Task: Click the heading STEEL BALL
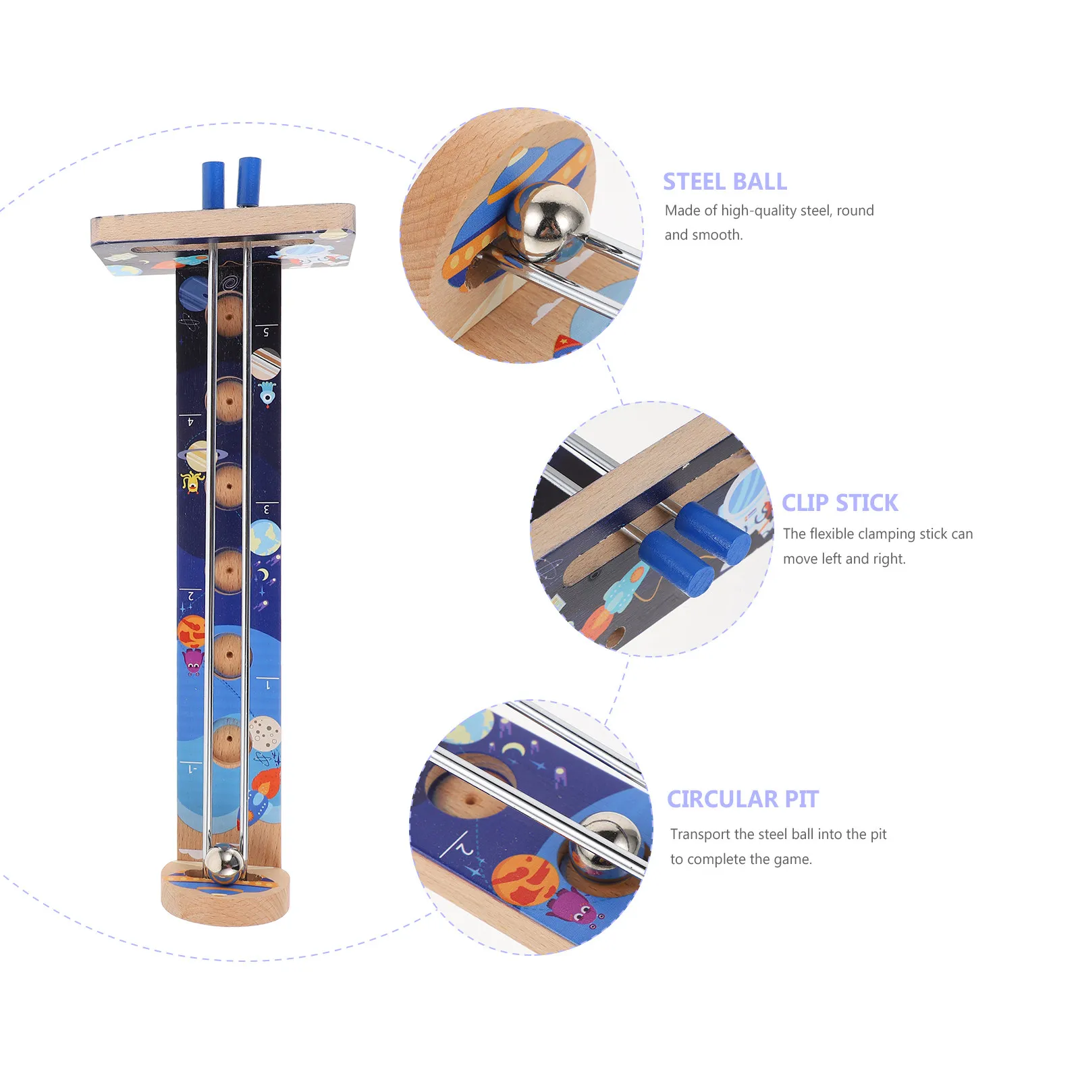(724, 182)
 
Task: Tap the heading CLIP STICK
(840, 503)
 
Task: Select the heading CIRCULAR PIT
(742, 799)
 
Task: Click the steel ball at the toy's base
(223, 865)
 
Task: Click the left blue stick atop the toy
(213, 184)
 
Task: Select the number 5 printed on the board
(266, 332)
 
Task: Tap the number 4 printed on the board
(190, 422)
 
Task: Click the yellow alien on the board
(192, 481)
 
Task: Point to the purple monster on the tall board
(193, 661)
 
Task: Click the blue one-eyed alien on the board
(267, 394)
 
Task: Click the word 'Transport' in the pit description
(700, 834)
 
